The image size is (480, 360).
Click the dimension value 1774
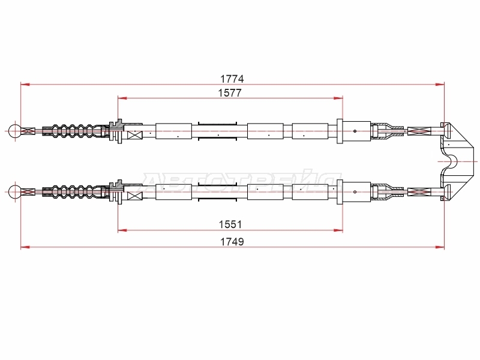(x=232, y=79)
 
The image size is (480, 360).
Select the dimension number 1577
(x=230, y=93)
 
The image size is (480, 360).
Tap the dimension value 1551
(x=230, y=224)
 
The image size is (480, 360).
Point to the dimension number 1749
(x=232, y=242)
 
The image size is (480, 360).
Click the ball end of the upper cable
(x=14, y=131)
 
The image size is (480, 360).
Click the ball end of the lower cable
(x=14, y=192)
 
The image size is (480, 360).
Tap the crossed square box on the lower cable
(x=134, y=196)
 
